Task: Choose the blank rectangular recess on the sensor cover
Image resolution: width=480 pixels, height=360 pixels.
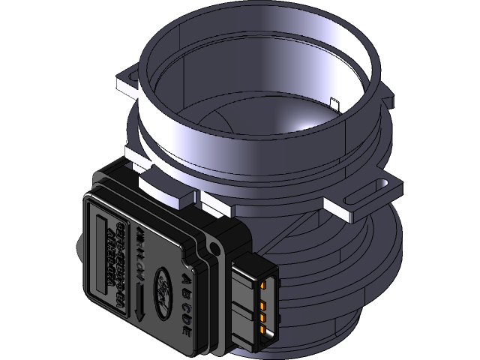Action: click(102, 251)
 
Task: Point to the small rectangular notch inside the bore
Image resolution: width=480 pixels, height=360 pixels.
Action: click(335, 103)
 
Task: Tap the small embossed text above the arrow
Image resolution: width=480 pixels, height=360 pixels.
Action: click(139, 250)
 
